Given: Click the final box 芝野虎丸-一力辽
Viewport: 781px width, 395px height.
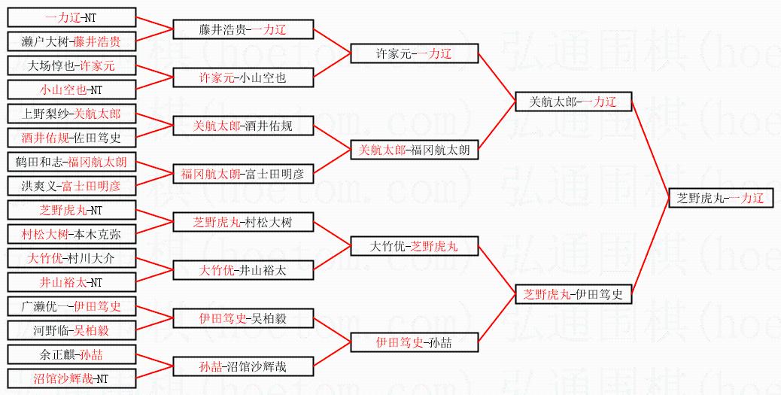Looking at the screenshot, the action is [x=721, y=199].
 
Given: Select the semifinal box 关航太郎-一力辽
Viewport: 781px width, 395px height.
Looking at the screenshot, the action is [x=573, y=102].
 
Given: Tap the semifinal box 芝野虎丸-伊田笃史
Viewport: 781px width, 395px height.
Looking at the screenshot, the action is [x=573, y=294].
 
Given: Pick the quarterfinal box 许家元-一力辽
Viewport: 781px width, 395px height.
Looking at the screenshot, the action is [x=414, y=53].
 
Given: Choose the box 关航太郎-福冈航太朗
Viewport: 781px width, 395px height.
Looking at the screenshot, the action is [x=414, y=150].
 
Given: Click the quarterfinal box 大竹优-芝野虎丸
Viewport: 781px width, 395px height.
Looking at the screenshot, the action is [x=414, y=246].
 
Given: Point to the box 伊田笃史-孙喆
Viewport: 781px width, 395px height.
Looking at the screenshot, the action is [x=414, y=342].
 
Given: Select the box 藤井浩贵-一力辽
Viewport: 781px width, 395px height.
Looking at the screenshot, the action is [x=243, y=29].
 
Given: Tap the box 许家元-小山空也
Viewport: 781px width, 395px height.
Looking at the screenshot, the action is [x=243, y=77].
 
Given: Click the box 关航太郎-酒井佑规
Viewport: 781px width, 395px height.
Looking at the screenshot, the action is [x=243, y=126].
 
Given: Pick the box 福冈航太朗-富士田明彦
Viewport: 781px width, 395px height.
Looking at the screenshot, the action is [x=243, y=174].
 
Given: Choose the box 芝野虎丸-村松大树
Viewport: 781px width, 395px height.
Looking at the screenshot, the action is [x=243, y=222].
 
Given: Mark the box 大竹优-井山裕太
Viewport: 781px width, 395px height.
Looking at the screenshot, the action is [x=243, y=270].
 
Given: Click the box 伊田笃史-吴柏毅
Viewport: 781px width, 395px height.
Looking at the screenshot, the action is [x=243, y=318].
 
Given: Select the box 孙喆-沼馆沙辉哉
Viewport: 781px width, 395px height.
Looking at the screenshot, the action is [x=243, y=366].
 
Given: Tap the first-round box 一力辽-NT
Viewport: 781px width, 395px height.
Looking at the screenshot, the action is [x=71, y=17].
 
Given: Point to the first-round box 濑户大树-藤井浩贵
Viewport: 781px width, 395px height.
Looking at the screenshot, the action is [x=71, y=41].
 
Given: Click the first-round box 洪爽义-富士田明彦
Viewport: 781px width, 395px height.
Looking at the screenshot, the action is [x=71, y=186].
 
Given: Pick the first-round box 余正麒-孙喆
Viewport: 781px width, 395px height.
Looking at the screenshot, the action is [x=71, y=354].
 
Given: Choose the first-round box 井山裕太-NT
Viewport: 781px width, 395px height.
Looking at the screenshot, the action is [x=71, y=282].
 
